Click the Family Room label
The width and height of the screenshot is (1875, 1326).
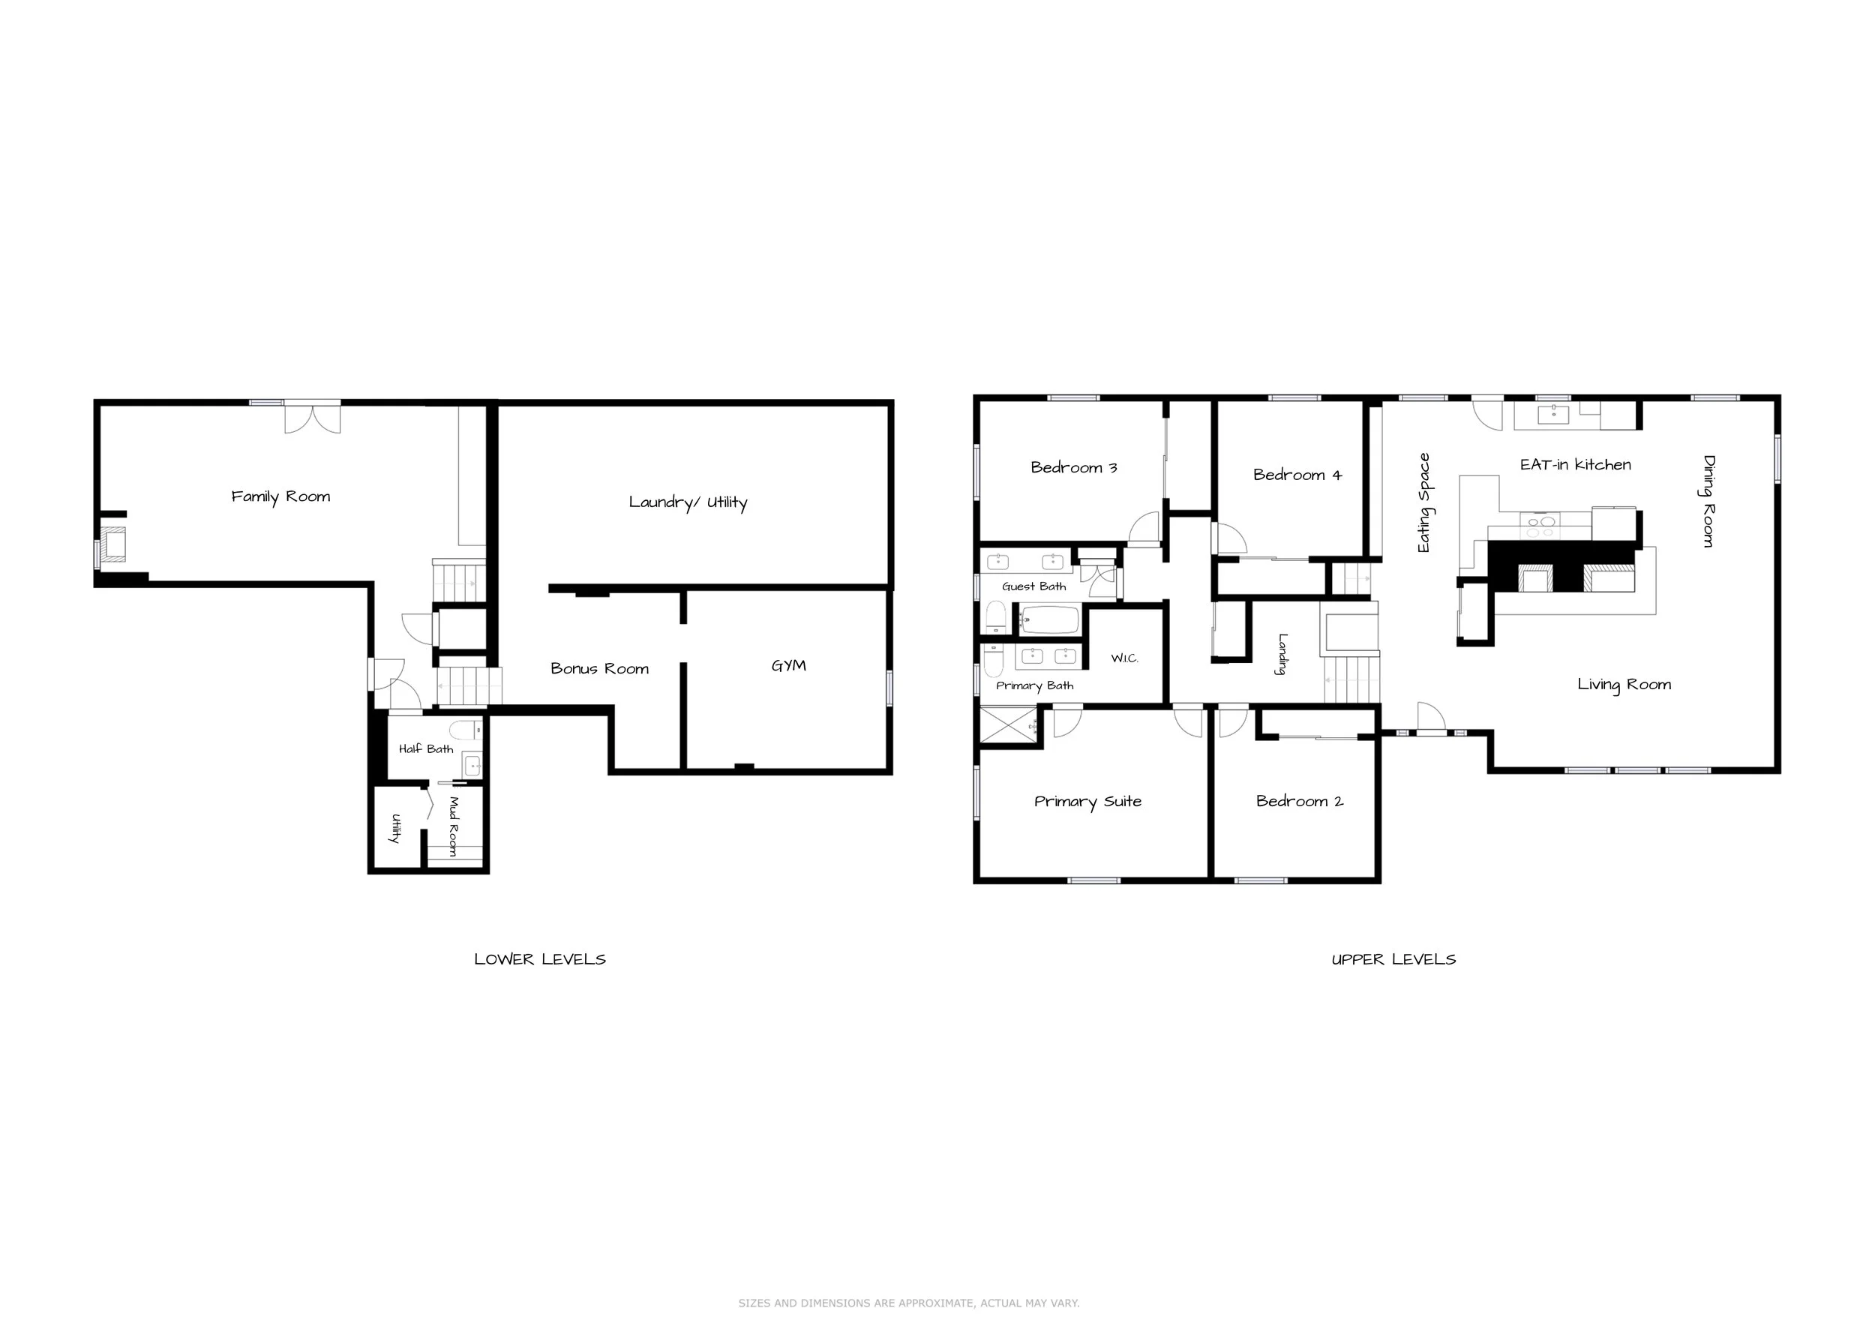[281, 496]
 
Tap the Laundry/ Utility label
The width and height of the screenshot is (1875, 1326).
[688, 502]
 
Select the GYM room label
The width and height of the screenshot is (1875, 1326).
[789, 665]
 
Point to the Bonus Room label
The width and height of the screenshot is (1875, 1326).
[599, 669]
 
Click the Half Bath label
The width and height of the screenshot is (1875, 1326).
[426, 748]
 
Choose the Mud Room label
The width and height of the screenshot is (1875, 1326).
[454, 826]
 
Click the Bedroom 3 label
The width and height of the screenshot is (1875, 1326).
[1074, 468]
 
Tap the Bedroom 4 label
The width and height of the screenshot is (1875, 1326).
[1297, 475]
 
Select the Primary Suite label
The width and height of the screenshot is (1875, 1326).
[1087, 802]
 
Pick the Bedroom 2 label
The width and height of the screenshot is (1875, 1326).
[1299, 801]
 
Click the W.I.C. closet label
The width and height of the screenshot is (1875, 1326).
[1124, 658]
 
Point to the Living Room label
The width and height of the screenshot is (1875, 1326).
[1624, 685]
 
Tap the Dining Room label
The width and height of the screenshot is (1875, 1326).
[1708, 500]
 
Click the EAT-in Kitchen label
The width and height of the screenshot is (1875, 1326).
[1575, 464]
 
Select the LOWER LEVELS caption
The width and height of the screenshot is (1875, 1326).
[540, 959]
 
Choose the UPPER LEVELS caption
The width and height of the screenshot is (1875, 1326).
[1394, 959]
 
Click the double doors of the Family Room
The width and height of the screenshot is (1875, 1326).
[313, 418]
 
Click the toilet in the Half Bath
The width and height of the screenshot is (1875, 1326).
[466, 729]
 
